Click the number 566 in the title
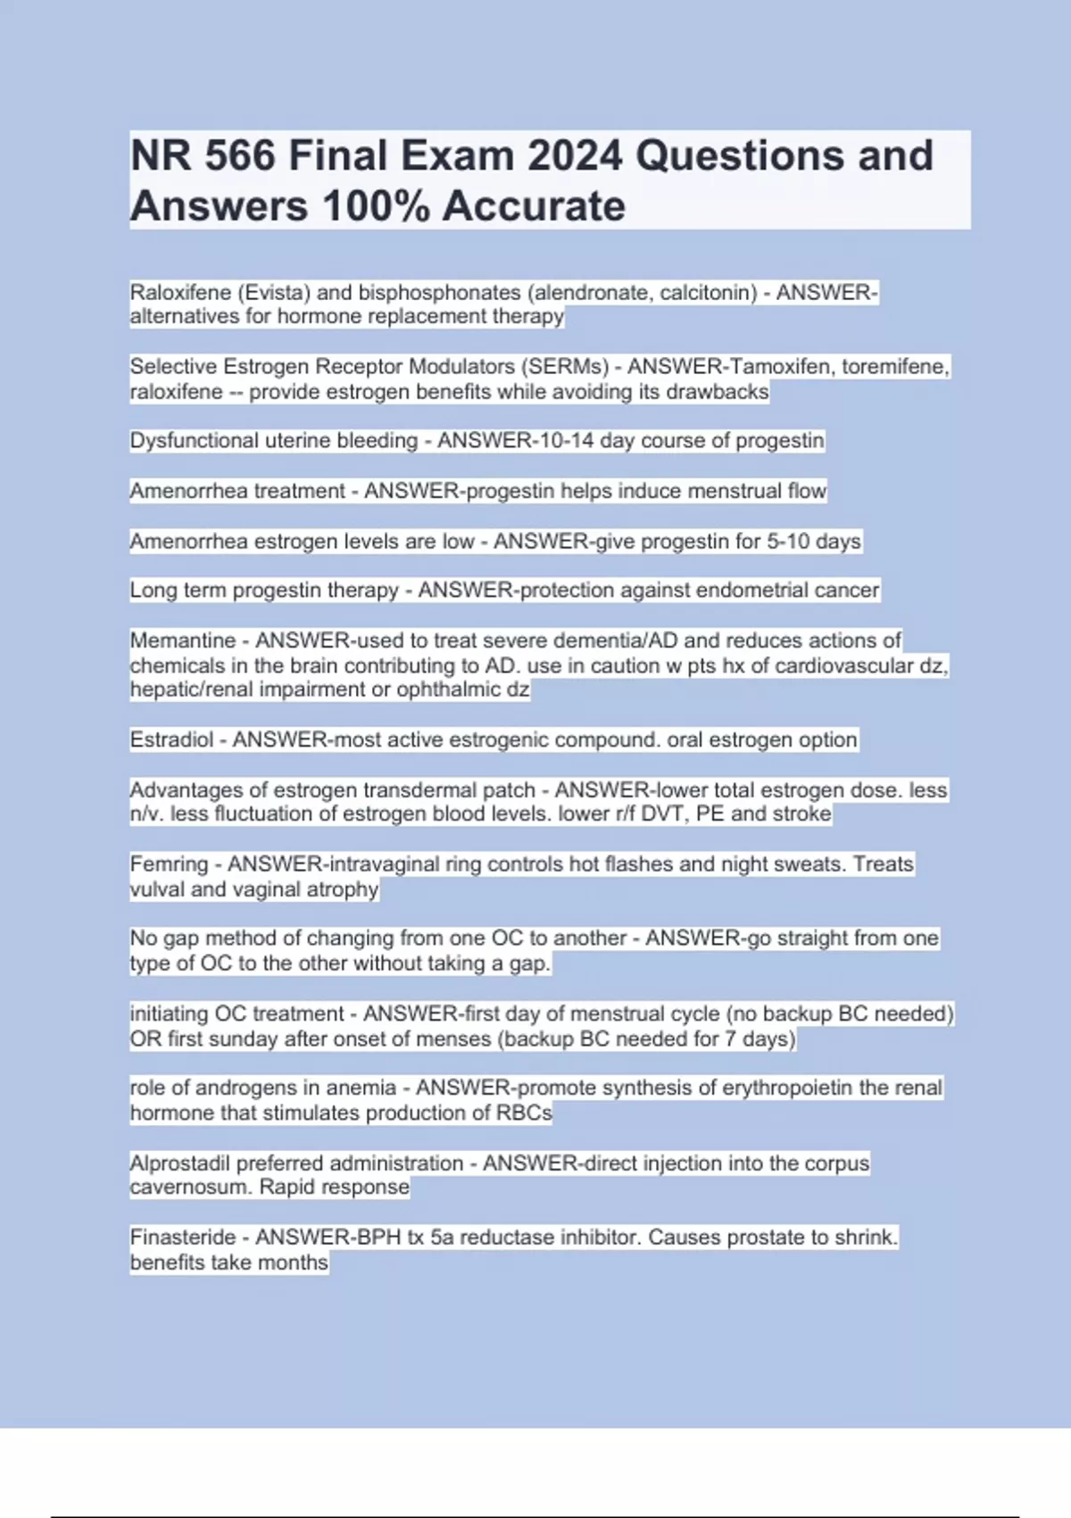(x=240, y=155)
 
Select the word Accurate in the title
(x=534, y=206)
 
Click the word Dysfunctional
(x=194, y=440)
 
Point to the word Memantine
(x=183, y=640)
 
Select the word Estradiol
(x=171, y=739)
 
